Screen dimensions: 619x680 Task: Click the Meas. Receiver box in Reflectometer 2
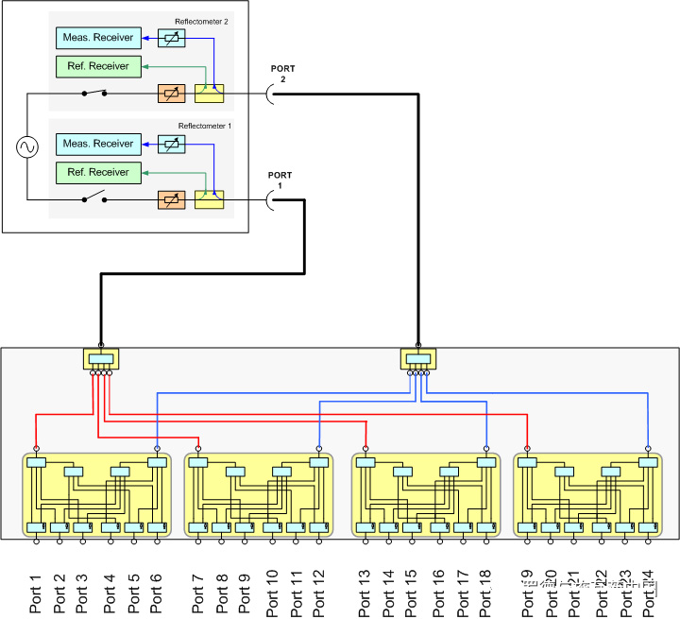tap(98, 38)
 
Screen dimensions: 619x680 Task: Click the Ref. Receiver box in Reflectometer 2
tap(98, 66)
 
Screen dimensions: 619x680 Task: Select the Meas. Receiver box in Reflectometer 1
tap(98, 144)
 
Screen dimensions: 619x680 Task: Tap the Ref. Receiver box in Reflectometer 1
tap(98, 172)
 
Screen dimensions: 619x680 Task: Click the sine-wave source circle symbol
tap(25, 146)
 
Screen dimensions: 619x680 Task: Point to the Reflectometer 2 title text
tap(202, 21)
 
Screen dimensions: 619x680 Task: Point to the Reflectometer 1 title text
tap(202, 126)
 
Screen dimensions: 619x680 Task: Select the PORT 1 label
tap(280, 181)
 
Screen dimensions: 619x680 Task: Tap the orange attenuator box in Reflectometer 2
tap(171, 93)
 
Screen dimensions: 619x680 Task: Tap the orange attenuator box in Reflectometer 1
tap(171, 198)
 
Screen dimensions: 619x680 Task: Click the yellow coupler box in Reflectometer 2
tap(209, 93)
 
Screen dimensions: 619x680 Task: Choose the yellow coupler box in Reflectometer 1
tap(209, 198)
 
